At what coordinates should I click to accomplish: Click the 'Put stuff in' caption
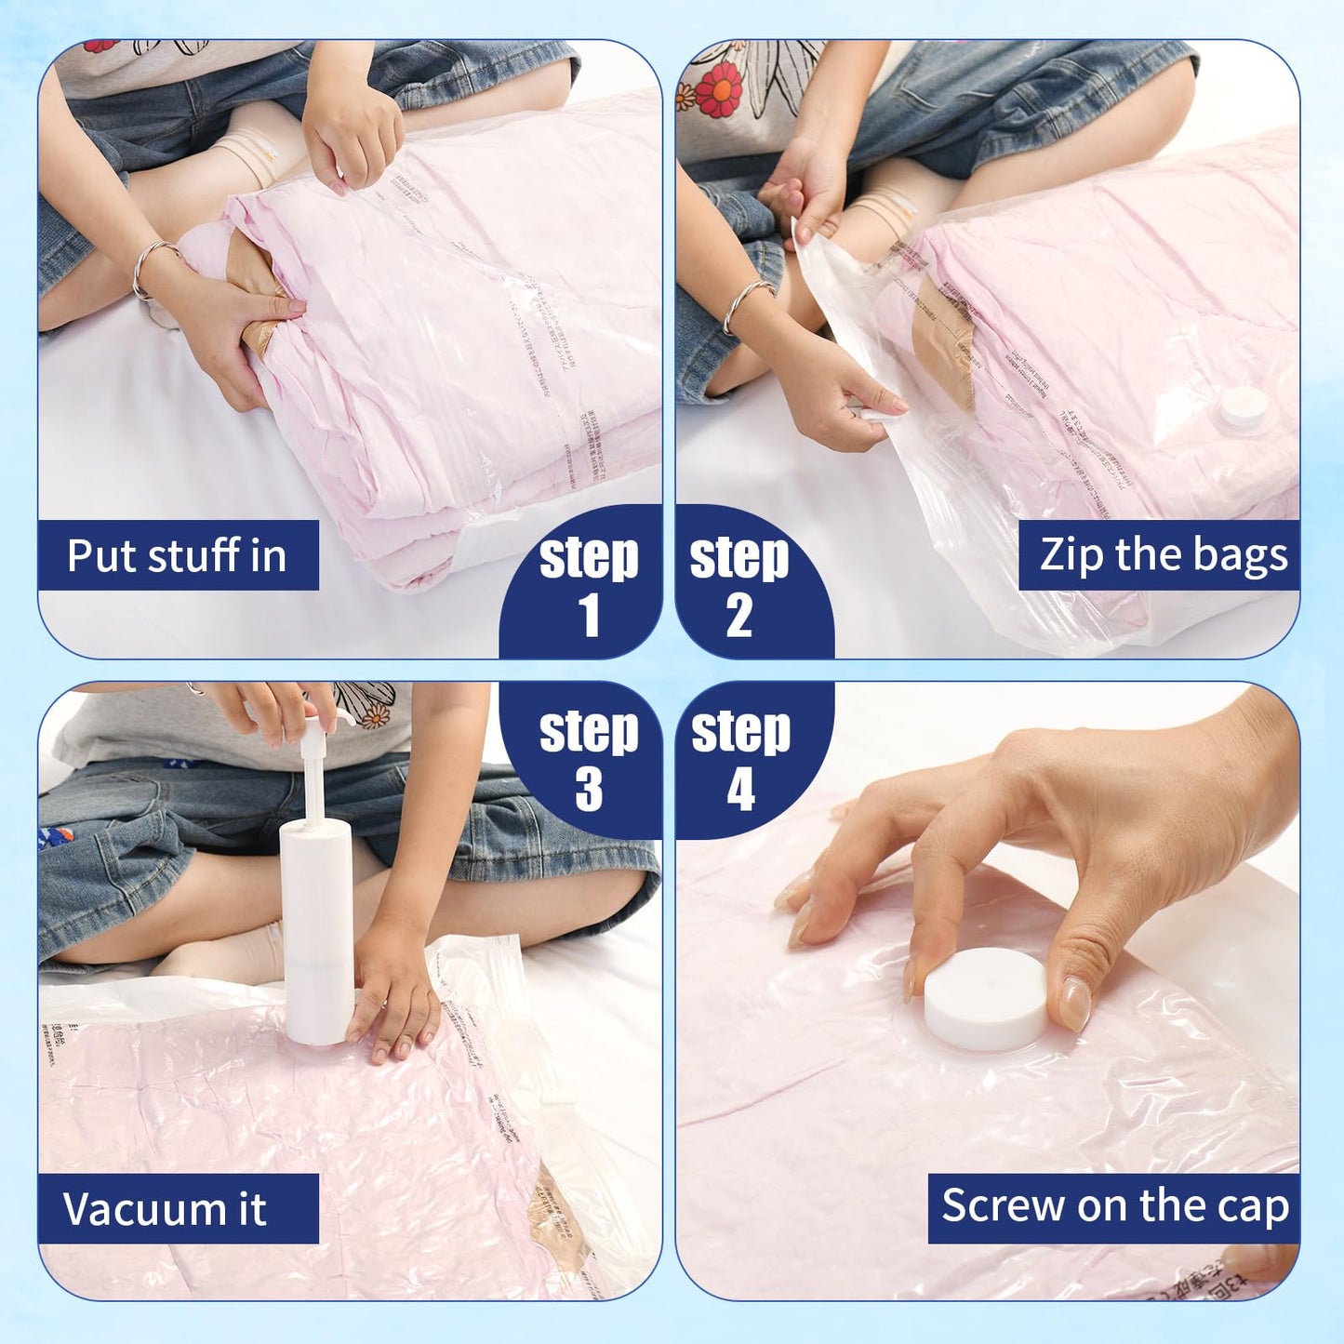177,556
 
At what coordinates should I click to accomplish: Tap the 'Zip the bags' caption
1163,555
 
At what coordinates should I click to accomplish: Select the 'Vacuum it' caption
165,1209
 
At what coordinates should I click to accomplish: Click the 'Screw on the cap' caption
1114,1206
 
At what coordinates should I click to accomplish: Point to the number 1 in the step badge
589,616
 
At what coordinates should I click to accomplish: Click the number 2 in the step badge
739,616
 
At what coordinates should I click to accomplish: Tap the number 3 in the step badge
589,790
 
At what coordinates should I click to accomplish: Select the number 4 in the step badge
740,790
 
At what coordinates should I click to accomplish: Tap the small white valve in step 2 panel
1244,406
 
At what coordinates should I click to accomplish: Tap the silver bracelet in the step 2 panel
744,302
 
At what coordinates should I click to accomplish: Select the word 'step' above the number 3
589,731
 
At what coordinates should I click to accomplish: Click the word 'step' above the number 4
740,731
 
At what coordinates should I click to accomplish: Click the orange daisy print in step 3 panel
376,714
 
